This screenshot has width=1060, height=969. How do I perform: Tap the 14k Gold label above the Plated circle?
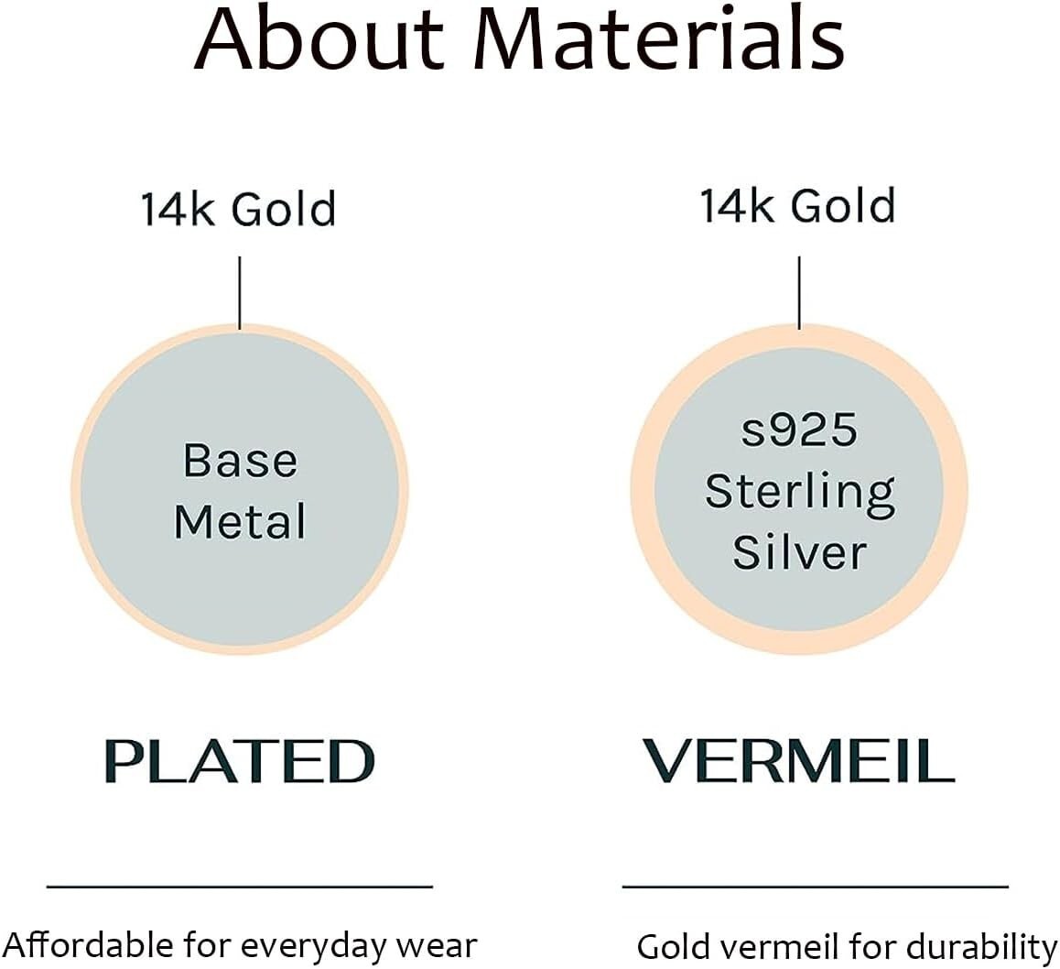point(238,208)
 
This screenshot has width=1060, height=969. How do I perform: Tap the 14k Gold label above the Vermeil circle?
point(797,205)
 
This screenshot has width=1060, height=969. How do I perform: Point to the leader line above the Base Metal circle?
point(240,293)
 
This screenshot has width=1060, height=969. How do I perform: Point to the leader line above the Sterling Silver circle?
point(800,293)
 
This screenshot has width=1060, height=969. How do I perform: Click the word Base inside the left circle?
point(240,461)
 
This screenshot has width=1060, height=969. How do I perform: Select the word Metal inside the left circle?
point(240,521)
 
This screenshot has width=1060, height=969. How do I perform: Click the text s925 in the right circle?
point(799,430)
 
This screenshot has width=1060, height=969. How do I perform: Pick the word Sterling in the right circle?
point(800,492)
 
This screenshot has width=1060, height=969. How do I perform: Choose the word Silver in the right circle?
point(799,551)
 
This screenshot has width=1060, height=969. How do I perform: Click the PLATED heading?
point(240,761)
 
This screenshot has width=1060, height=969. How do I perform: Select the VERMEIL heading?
point(798,760)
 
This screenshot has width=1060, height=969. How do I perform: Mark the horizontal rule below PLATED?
point(239,886)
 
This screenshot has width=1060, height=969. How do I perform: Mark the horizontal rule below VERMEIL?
point(816,886)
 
